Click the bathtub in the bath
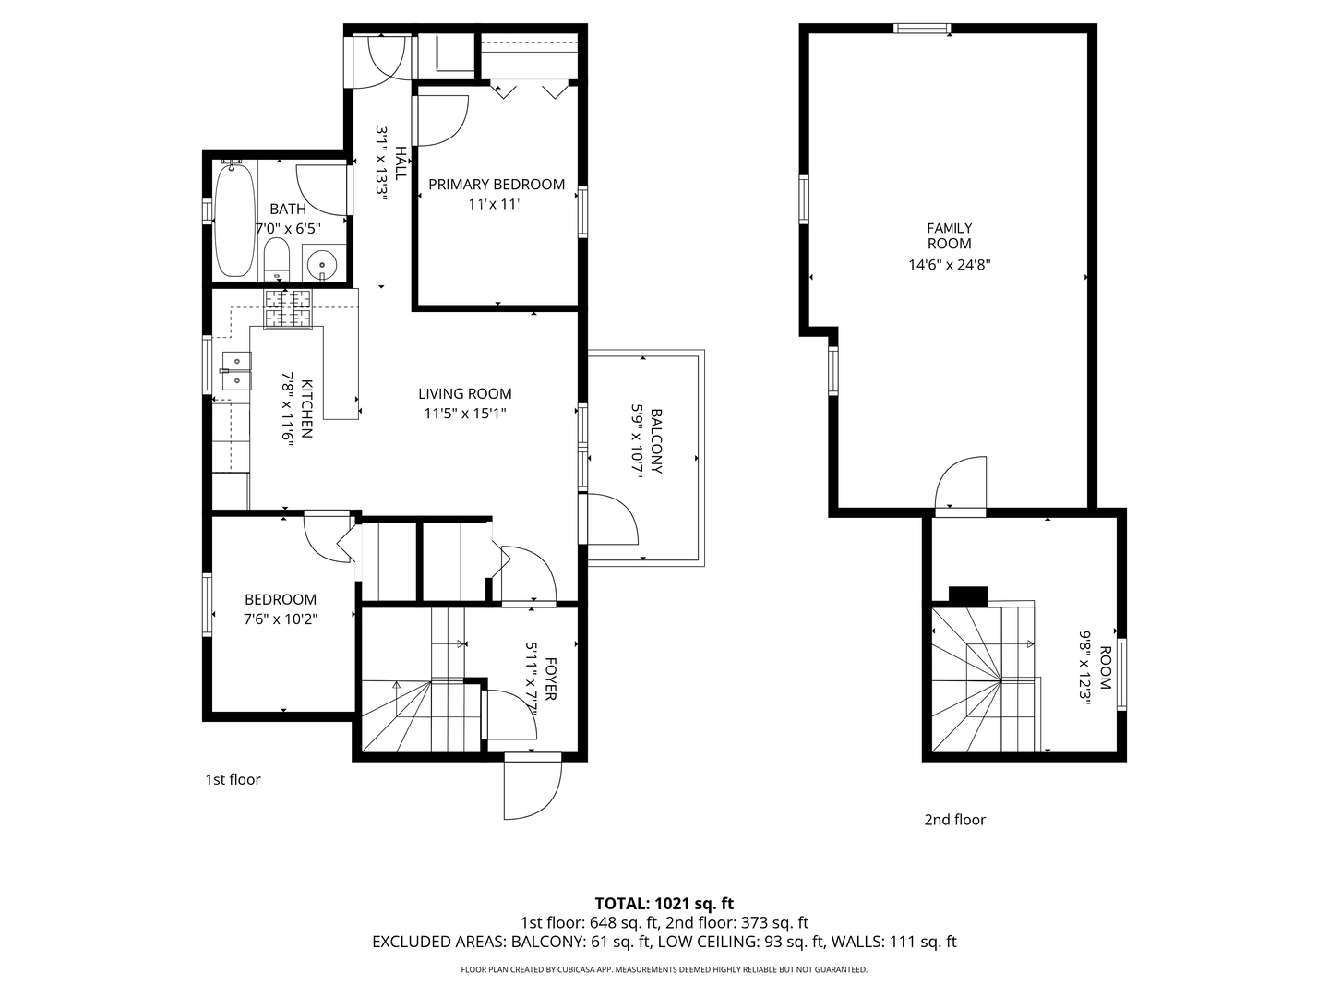point(234,220)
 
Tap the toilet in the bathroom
point(276,259)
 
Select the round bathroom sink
point(322,265)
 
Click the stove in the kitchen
point(289,308)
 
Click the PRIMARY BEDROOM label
point(497,185)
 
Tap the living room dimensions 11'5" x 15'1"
point(465,414)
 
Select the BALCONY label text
point(656,441)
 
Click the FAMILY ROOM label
point(950,235)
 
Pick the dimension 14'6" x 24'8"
point(950,265)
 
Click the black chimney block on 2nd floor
point(968,596)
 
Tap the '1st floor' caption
point(233,779)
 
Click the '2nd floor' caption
point(955,819)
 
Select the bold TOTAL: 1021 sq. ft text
point(664,903)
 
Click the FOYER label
point(550,679)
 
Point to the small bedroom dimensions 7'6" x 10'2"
point(281,619)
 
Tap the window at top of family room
point(923,29)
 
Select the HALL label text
point(401,162)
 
